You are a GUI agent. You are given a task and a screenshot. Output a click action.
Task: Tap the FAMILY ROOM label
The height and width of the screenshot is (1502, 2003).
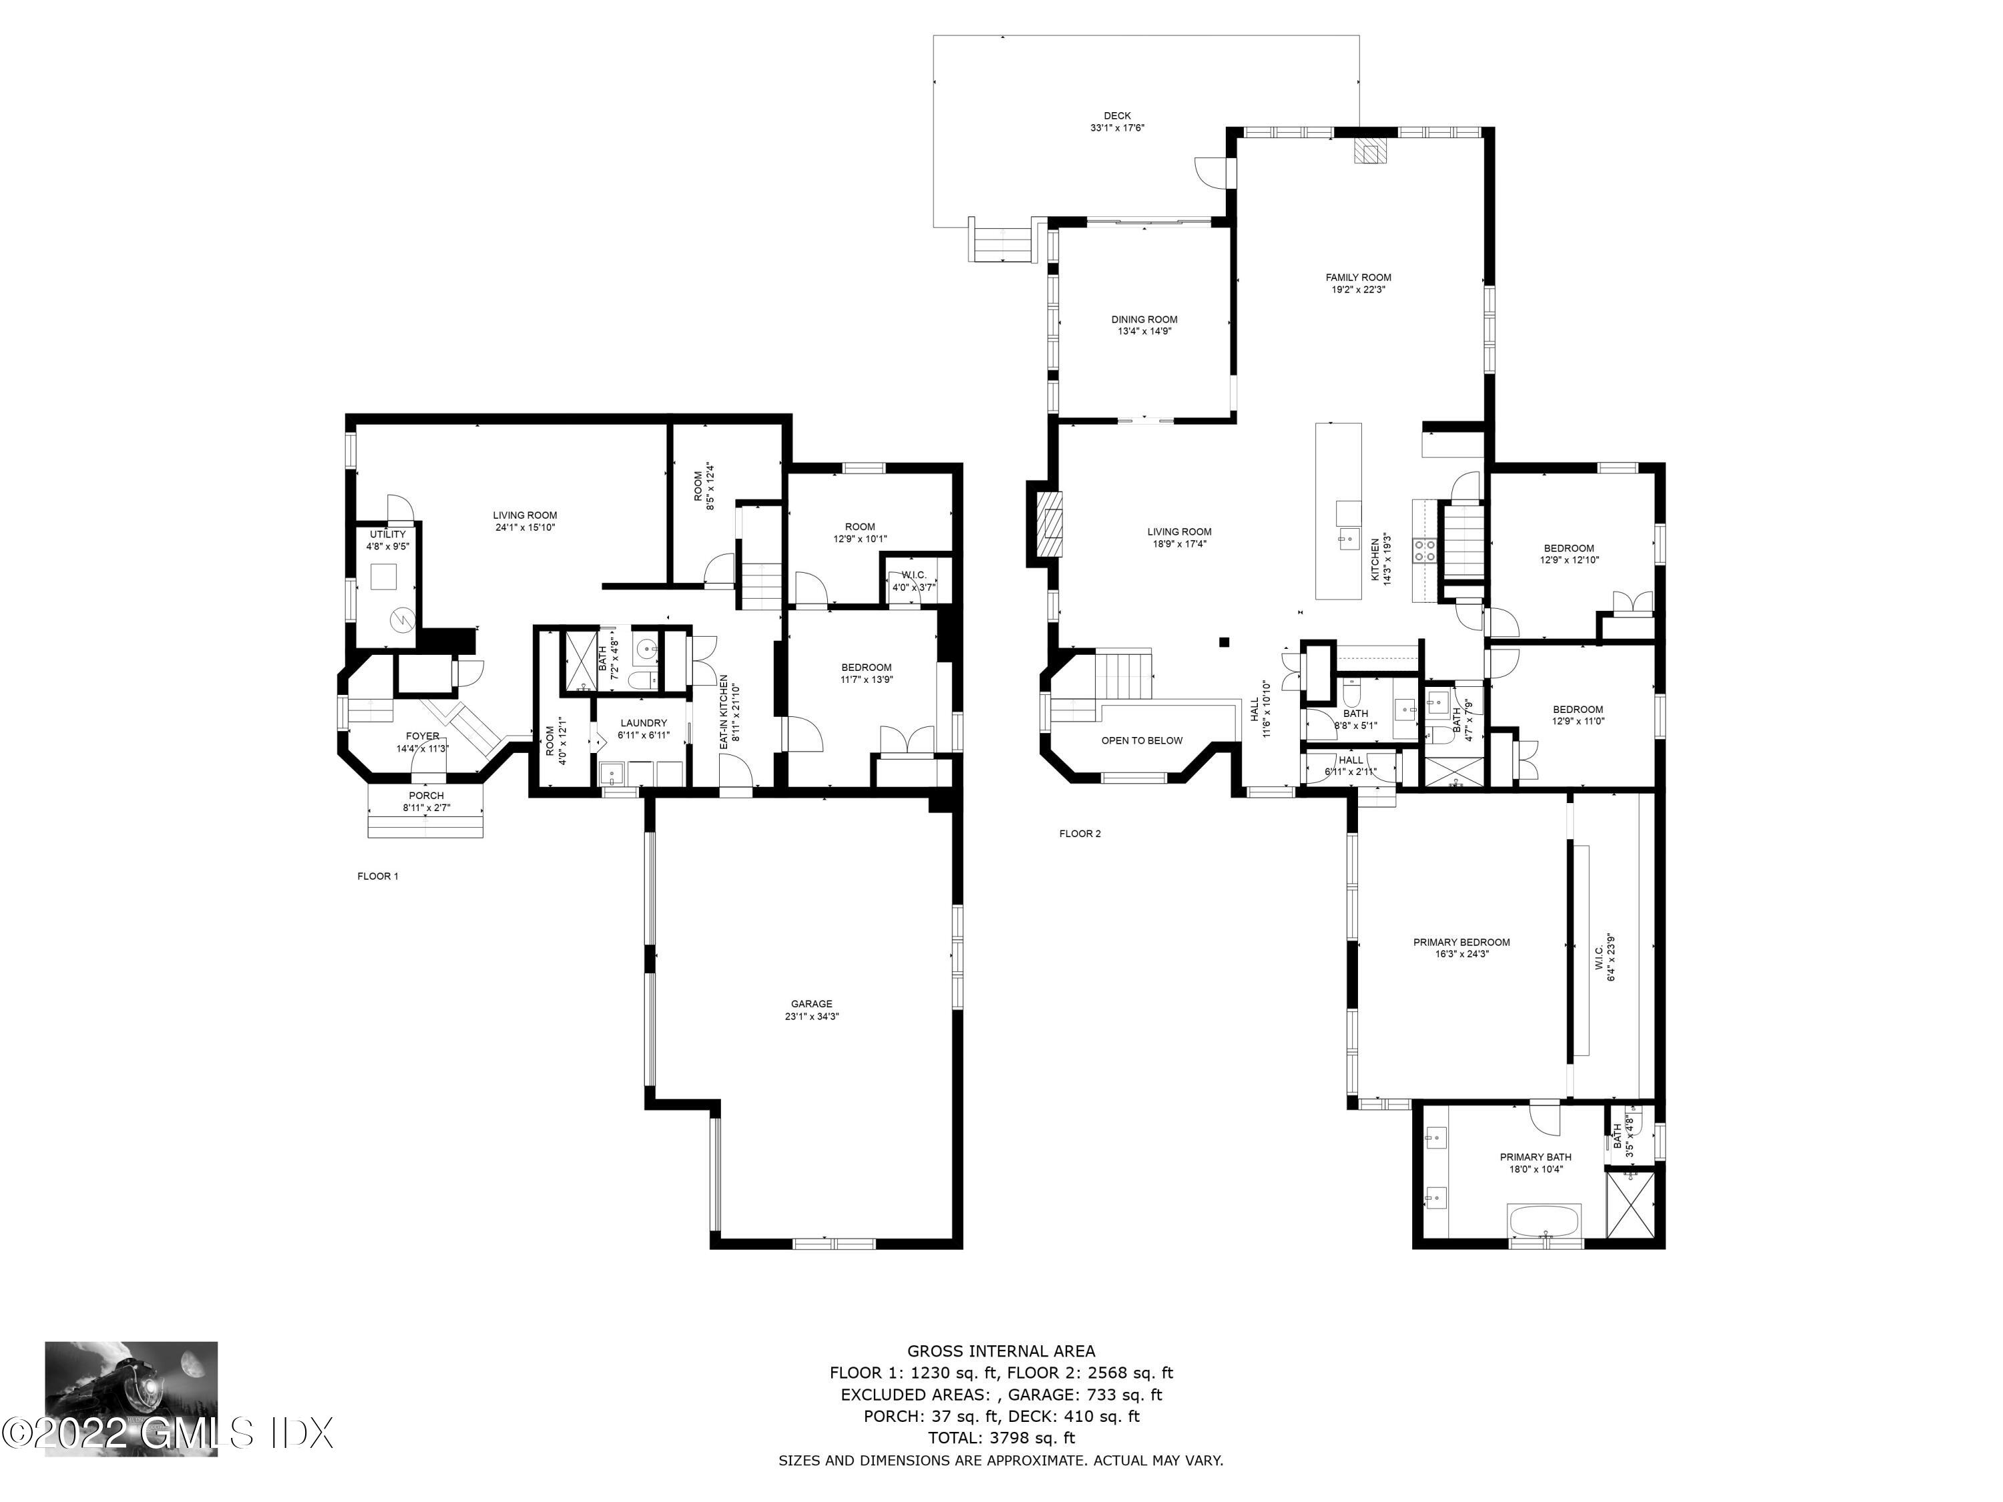click(1358, 278)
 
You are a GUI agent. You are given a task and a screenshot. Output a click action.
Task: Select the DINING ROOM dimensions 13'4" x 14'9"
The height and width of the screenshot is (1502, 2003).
click(1144, 331)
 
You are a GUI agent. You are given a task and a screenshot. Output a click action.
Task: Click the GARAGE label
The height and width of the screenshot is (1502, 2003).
click(811, 1003)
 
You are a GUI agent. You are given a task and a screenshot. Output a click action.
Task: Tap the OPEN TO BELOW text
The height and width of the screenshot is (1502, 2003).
click(1142, 740)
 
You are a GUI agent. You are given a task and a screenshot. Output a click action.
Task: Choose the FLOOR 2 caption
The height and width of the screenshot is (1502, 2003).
click(1080, 834)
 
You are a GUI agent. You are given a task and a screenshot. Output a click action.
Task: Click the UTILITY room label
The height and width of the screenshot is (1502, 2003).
click(387, 534)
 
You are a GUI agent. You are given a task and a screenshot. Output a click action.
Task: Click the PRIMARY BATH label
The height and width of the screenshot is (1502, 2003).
click(1536, 1157)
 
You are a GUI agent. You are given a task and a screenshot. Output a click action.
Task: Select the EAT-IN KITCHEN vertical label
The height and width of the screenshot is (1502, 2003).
click(724, 711)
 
